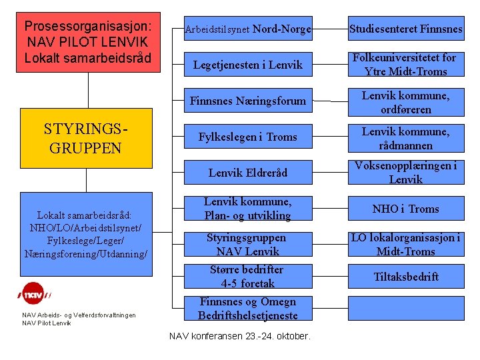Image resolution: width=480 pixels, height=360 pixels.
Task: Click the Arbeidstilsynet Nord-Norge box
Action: click(x=247, y=29)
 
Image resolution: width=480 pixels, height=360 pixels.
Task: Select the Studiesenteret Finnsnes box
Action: click(x=405, y=29)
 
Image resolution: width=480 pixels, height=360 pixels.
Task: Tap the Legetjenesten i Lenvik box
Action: click(x=247, y=65)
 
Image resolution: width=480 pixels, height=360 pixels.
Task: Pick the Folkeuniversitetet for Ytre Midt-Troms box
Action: click(x=405, y=65)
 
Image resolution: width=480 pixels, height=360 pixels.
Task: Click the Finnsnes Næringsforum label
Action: click(x=247, y=101)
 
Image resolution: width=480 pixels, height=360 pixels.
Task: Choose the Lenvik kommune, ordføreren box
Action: click(x=405, y=102)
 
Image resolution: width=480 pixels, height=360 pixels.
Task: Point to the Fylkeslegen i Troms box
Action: click(x=247, y=137)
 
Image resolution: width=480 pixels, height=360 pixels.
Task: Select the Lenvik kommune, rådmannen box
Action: click(x=405, y=138)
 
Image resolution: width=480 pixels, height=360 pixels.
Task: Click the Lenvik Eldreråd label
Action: click(x=247, y=173)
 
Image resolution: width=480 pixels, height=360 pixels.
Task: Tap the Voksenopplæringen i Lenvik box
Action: click(x=405, y=173)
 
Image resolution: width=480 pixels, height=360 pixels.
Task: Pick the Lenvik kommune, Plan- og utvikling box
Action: click(x=247, y=209)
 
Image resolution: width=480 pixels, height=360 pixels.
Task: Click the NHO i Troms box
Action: click(x=405, y=209)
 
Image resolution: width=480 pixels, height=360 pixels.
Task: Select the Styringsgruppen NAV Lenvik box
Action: click(x=247, y=244)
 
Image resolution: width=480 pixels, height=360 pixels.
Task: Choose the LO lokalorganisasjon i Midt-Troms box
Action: click(x=405, y=244)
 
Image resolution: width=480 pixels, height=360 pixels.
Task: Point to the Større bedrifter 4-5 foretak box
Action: click(x=247, y=277)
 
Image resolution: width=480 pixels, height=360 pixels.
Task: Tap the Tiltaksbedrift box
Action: click(x=405, y=277)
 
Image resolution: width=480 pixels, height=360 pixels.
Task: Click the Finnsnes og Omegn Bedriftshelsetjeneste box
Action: click(x=247, y=309)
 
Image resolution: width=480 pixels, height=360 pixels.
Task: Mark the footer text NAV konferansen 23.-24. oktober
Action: click(x=239, y=336)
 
